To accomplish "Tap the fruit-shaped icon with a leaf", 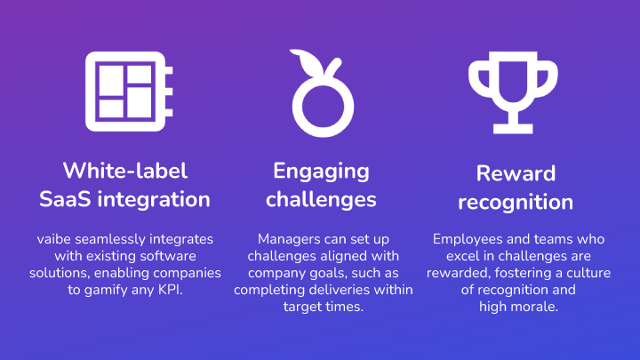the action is pyautogui.click(x=323, y=103).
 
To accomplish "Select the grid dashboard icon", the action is pyautogui.click(x=129, y=92).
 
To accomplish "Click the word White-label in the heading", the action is pyautogui.click(x=125, y=171).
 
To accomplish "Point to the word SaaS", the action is pyautogui.click(x=65, y=199).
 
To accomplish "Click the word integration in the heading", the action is pyautogui.click(x=154, y=200).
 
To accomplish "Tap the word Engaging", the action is pyautogui.click(x=321, y=172).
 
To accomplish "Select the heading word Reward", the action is pyautogui.click(x=516, y=173).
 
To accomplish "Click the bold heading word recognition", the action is pyautogui.click(x=516, y=203).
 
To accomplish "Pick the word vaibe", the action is pyautogui.click(x=54, y=239).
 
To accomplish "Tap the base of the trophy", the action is pyautogui.click(x=513, y=128).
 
